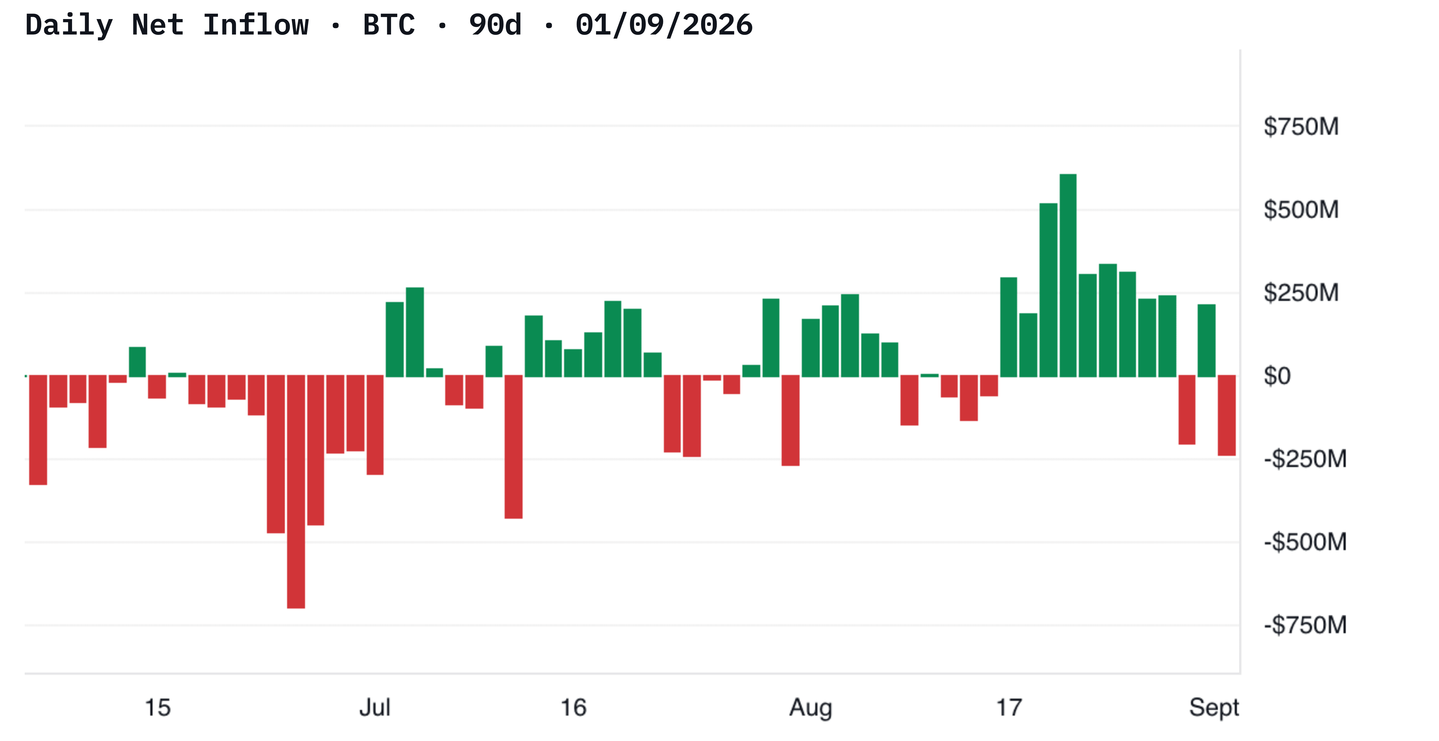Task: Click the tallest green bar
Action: click(1068, 276)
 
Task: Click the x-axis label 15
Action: click(158, 708)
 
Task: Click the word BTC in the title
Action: click(389, 25)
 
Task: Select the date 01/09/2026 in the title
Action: click(664, 25)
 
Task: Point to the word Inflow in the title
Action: click(256, 25)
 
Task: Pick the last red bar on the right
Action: click(1227, 415)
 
